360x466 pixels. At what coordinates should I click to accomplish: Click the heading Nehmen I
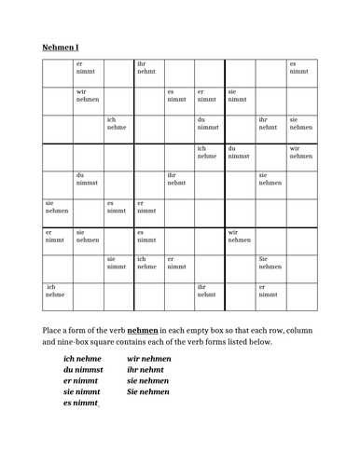62,47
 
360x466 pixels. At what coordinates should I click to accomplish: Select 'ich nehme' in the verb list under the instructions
83,359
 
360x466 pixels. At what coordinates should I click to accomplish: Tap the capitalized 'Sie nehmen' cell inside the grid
270,262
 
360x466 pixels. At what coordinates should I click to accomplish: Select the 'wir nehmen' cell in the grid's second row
89,96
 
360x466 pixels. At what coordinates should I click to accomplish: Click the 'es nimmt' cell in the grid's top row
299,68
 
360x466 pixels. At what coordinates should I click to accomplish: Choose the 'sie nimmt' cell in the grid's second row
239,96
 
